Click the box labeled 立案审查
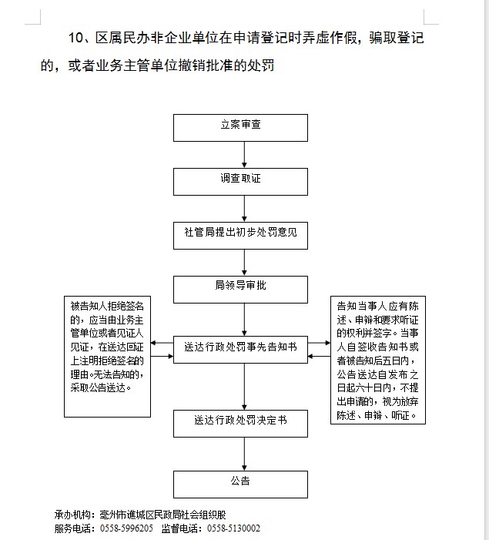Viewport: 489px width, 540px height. [x=240, y=127]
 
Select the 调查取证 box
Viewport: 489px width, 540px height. [x=240, y=181]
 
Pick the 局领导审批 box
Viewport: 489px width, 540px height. [x=240, y=289]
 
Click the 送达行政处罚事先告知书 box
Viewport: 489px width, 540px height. [x=240, y=350]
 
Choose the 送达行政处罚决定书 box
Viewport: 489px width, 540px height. [x=240, y=422]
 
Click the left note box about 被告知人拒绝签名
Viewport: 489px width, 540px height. [x=107, y=356]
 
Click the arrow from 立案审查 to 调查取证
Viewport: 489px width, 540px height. [x=244, y=154]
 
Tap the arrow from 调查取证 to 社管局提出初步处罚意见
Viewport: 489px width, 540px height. [x=244, y=208]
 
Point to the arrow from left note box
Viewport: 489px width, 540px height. [x=162, y=357]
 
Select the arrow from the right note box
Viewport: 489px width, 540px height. [x=319, y=357]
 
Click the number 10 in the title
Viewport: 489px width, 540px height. [x=75, y=38]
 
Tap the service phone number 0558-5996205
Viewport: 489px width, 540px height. [x=126, y=528]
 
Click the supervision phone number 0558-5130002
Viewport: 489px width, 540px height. [x=233, y=528]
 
